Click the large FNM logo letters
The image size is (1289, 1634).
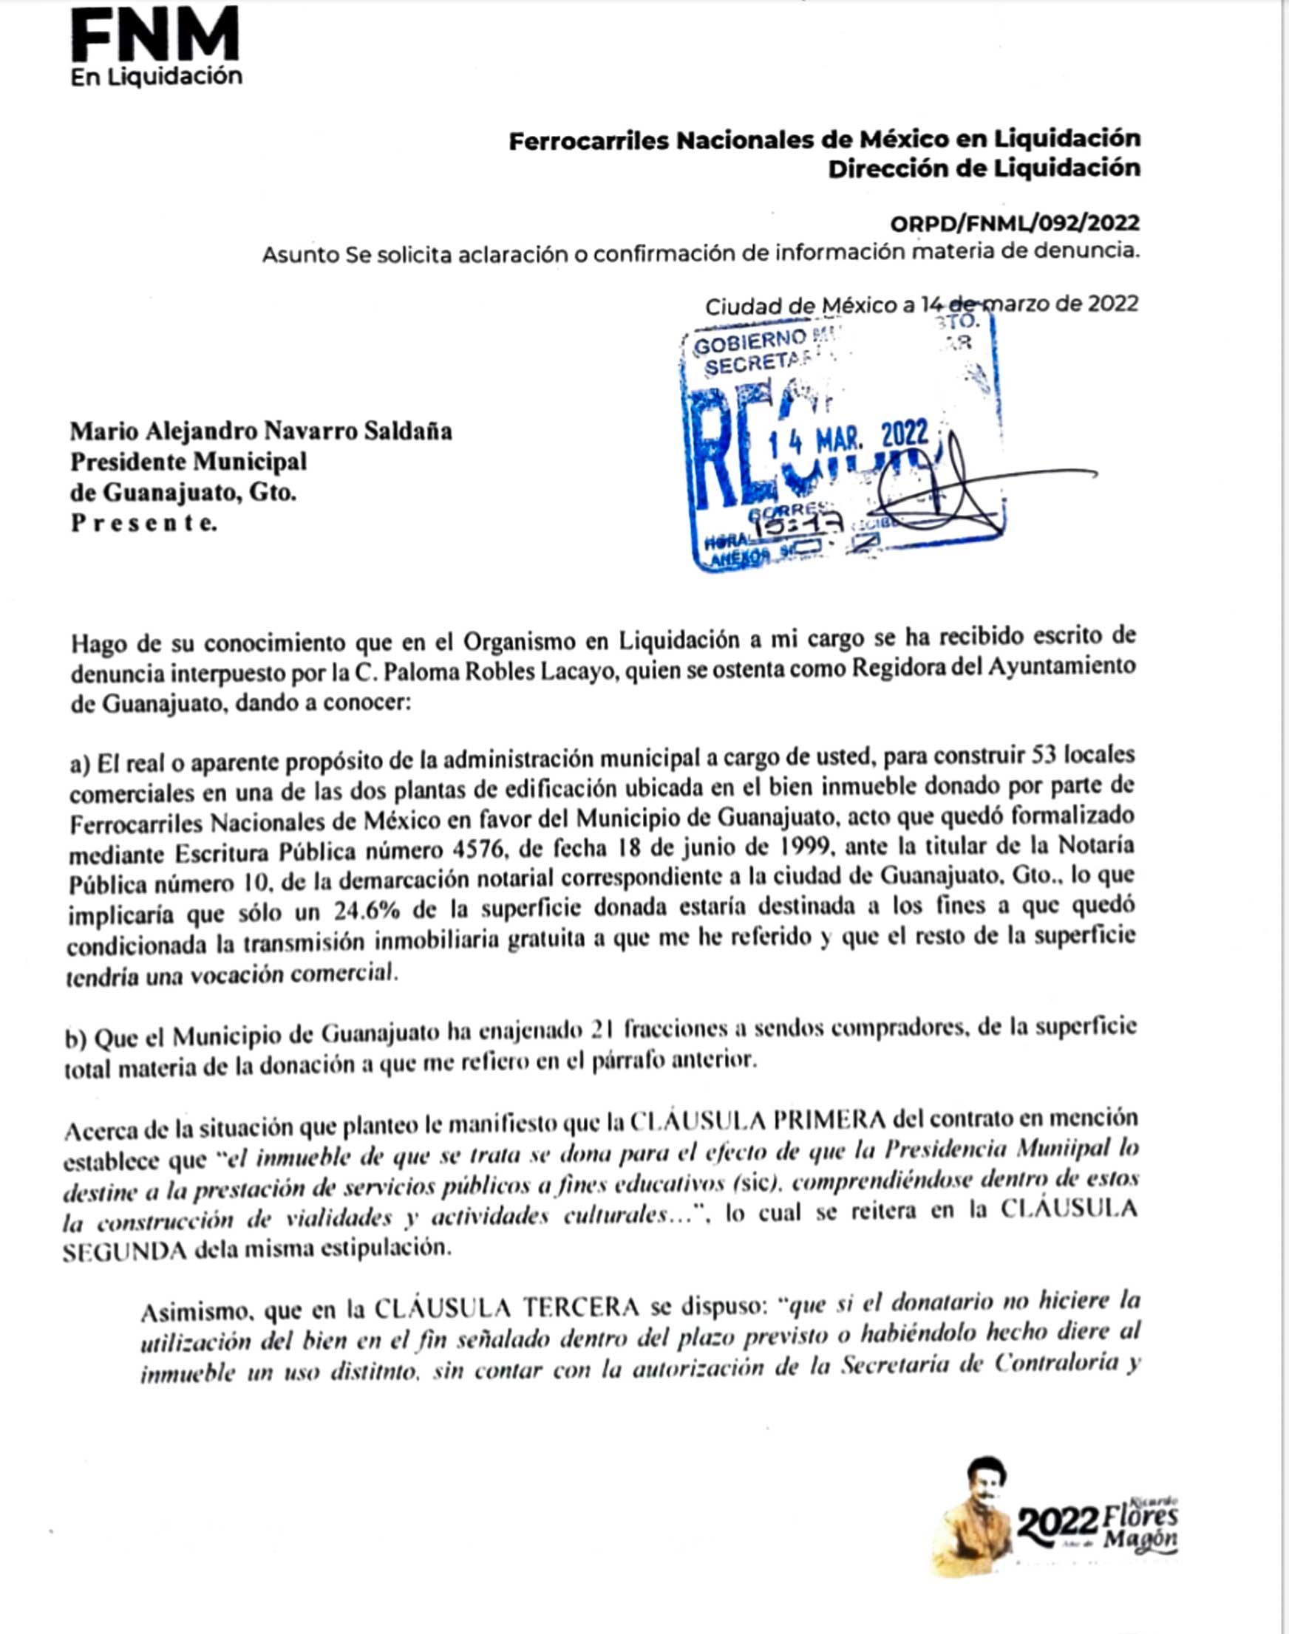tap(154, 35)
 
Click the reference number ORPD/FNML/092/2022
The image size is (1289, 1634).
tap(1014, 223)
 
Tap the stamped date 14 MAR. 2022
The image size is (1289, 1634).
tap(848, 438)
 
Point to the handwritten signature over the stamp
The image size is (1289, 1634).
tap(959, 490)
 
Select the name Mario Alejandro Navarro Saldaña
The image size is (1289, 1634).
tap(261, 431)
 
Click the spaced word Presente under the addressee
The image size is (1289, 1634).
tap(143, 523)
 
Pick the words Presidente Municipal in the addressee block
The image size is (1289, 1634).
tap(188, 462)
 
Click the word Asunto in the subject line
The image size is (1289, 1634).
tap(299, 255)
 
